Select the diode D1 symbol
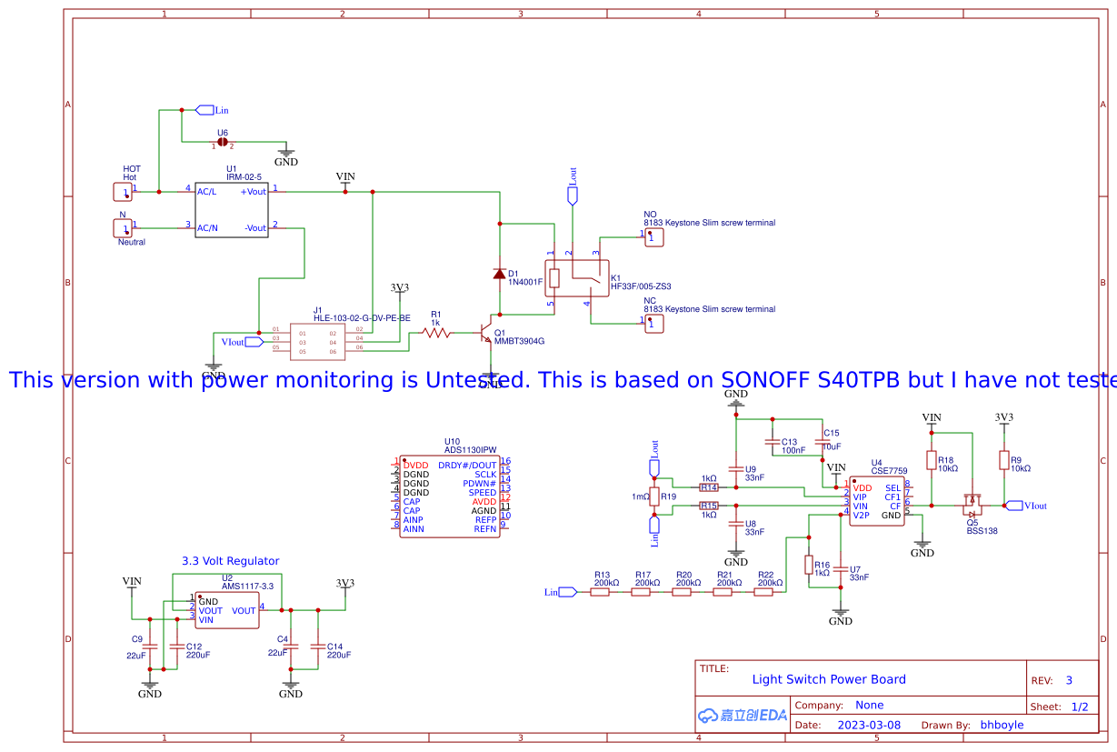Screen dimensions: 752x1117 pyautogui.click(x=499, y=274)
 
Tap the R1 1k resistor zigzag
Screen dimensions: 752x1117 pyautogui.click(x=436, y=333)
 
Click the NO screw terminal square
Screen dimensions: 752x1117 pyautogui.click(x=653, y=236)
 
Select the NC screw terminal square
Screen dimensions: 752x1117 pyautogui.click(x=653, y=323)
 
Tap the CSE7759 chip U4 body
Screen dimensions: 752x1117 pyautogui.click(x=878, y=501)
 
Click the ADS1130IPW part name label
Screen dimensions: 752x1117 pyautogui.click(x=470, y=449)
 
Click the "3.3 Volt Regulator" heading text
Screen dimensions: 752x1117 pyautogui.click(x=230, y=561)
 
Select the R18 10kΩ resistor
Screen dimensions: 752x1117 pyautogui.click(x=931, y=461)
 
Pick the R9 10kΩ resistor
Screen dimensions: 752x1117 pyautogui.click(x=1003, y=461)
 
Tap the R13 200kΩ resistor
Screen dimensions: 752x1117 pyautogui.click(x=600, y=592)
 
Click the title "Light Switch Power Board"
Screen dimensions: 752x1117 pyautogui.click(x=828, y=679)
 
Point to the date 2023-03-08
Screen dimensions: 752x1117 pyautogui.click(x=868, y=725)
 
